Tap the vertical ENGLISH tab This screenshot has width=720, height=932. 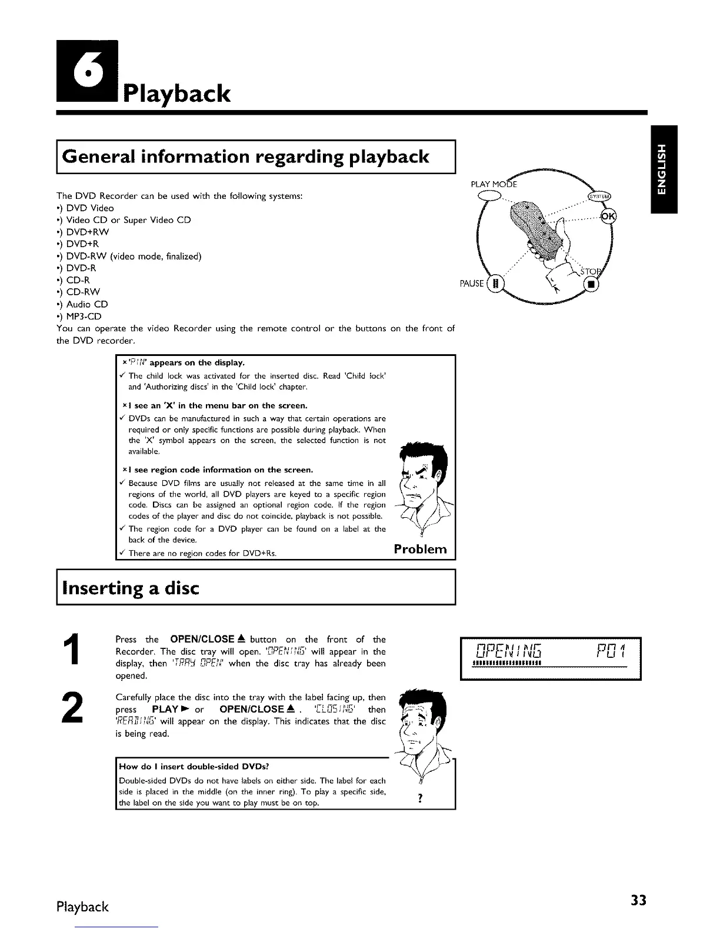663,169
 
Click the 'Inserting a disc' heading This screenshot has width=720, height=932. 131,588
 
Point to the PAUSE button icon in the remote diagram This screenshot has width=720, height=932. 495,284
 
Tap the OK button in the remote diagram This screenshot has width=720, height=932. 607,215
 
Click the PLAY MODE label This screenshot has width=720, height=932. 494,184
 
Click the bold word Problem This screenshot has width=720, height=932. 420,549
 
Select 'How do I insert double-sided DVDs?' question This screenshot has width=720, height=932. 194,766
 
